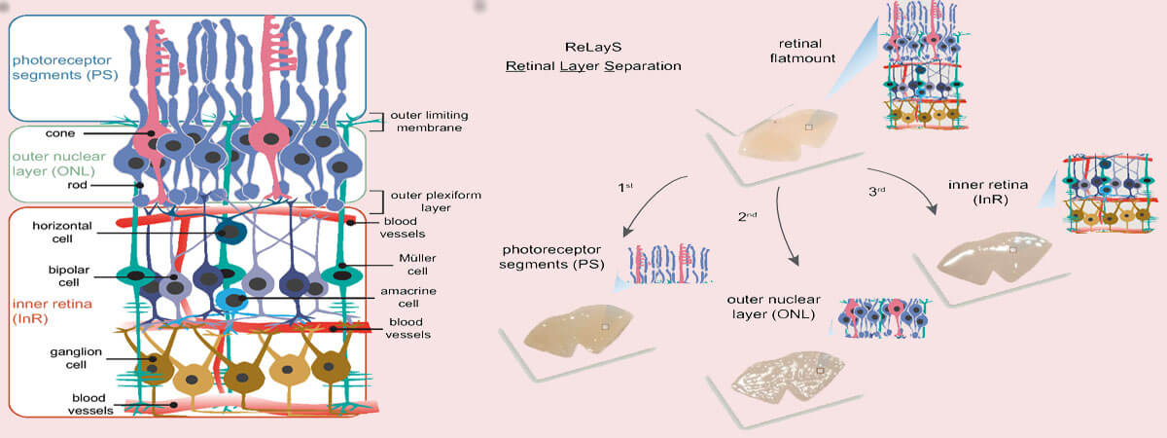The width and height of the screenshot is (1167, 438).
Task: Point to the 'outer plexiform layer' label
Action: (x=433, y=201)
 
